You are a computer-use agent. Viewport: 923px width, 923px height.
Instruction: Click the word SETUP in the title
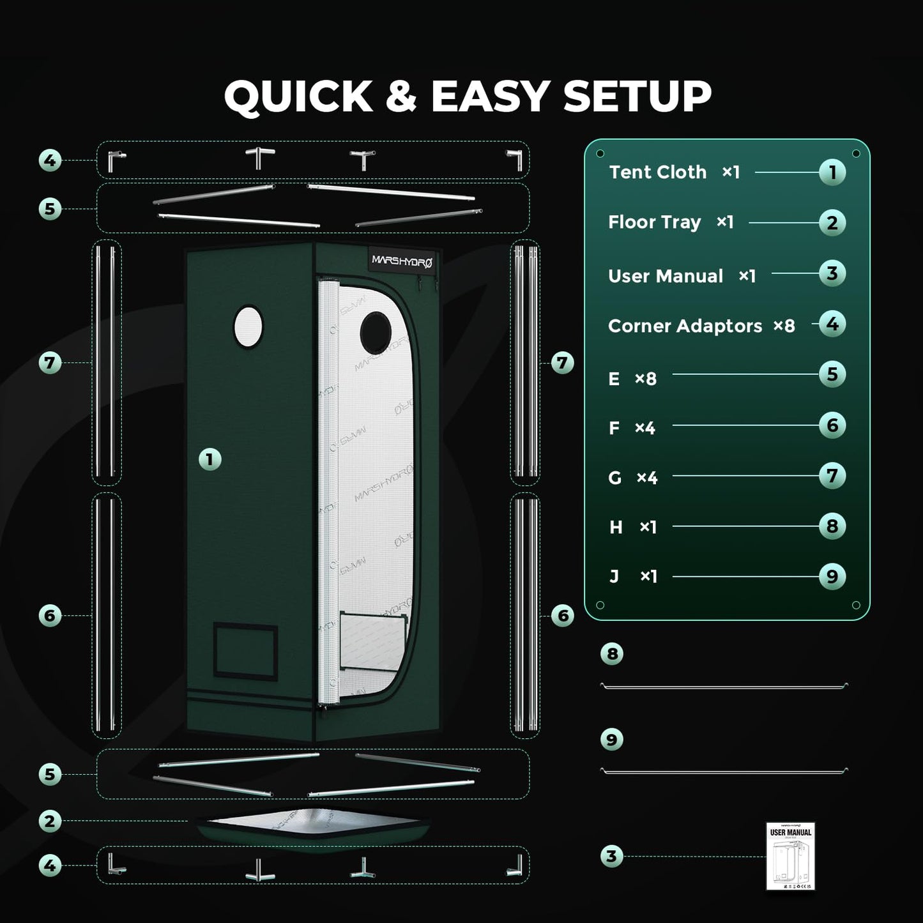[637, 97]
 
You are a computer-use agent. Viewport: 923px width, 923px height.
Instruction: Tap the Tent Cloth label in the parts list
[657, 172]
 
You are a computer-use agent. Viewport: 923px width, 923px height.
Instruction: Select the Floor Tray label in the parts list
[654, 222]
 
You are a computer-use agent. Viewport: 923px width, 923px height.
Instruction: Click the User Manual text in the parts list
[665, 276]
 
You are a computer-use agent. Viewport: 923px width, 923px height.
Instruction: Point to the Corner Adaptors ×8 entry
[701, 326]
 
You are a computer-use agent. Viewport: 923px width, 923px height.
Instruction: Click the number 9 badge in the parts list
[832, 577]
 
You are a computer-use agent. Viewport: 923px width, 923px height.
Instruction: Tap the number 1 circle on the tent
[210, 459]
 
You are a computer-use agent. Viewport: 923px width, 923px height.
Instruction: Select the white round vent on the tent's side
[248, 326]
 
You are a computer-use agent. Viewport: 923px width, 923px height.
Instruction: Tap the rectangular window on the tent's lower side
[245, 651]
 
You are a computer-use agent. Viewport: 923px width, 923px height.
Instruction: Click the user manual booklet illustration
[790, 856]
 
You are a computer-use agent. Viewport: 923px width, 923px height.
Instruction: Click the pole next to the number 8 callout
[724, 687]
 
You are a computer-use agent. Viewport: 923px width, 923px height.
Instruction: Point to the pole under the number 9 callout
[724, 772]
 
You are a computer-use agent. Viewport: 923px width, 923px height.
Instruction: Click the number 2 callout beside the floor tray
[50, 821]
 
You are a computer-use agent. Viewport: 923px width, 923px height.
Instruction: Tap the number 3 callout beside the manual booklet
[611, 856]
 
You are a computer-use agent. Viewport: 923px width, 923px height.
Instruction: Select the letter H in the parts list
[616, 528]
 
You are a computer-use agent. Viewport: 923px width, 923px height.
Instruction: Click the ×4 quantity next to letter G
[646, 478]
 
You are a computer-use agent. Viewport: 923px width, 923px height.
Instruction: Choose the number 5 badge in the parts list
[832, 374]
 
